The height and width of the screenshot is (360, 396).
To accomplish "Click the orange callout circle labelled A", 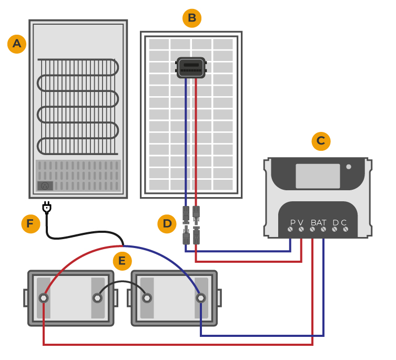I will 17,44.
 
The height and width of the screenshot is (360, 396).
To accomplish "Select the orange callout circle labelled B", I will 192,18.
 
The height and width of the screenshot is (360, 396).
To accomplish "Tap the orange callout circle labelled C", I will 321,141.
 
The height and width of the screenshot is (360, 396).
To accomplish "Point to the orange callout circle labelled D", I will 167,224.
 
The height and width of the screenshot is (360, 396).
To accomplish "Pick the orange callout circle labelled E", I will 122,261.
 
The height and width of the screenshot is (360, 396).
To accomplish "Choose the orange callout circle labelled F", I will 31,224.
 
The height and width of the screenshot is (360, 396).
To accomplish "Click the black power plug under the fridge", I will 47,208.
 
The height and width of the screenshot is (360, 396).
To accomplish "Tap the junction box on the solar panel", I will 191,68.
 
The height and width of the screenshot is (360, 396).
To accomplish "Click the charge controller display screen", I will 318,176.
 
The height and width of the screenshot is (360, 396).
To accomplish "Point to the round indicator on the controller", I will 349,167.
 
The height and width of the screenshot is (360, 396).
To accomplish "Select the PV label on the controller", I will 297,222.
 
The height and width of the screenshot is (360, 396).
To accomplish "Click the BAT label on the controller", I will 318,222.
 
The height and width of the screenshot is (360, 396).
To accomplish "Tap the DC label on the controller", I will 339,222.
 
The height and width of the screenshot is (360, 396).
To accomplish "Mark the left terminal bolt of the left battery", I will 44,298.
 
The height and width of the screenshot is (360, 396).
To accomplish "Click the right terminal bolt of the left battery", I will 97,298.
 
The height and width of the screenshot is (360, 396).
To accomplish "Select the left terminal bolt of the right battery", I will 147,298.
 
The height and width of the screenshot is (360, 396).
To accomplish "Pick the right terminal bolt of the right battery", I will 200,298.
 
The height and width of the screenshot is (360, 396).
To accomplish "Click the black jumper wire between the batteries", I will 122,282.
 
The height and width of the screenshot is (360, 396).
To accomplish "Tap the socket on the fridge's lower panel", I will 45,186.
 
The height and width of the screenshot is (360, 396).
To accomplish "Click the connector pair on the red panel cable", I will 196,225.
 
